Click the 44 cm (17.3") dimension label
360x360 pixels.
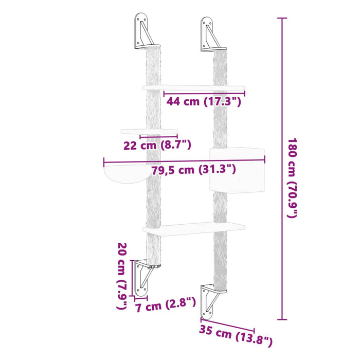[204, 102]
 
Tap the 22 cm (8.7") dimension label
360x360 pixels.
[157, 146]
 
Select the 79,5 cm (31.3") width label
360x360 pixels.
[194, 170]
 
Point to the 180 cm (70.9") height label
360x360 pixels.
[292, 178]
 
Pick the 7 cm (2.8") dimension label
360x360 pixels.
[166, 307]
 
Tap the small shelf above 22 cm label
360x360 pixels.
[149, 132]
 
